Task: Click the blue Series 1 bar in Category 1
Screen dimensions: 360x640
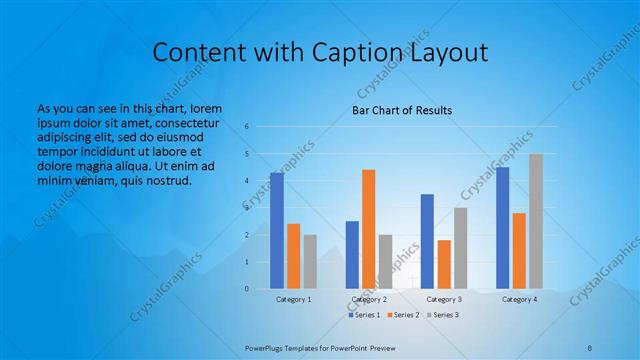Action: tap(276, 231)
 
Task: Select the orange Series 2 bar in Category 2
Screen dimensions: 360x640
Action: tap(369, 229)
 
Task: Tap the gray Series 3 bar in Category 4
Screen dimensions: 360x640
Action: tap(536, 221)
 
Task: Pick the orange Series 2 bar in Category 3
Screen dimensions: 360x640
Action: tap(444, 264)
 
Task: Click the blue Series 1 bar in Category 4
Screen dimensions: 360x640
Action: tap(502, 228)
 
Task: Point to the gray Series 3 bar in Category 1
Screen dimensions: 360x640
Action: tap(310, 262)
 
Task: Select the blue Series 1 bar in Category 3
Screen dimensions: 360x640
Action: tap(427, 241)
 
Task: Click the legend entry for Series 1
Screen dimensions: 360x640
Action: tap(364, 315)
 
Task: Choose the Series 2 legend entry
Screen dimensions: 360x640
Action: tap(402, 315)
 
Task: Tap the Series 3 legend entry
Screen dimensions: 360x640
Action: tap(441, 315)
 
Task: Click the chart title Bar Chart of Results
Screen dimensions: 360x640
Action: tap(402, 109)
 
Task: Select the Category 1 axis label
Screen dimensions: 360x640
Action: tap(293, 299)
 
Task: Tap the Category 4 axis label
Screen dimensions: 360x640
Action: tap(519, 299)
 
